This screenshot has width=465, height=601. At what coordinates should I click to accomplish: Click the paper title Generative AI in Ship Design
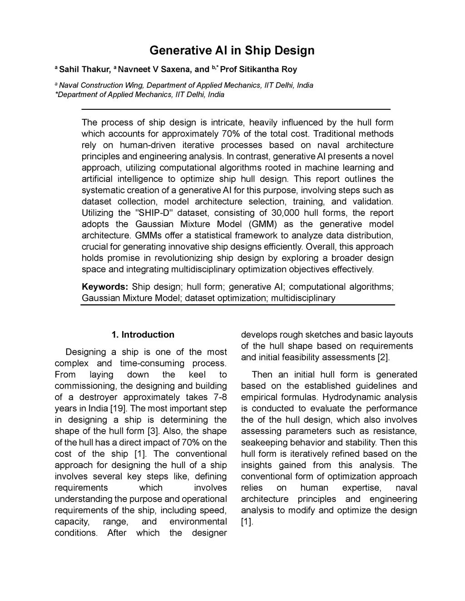coord(232,50)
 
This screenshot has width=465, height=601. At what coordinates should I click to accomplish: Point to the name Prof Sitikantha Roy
coord(258,69)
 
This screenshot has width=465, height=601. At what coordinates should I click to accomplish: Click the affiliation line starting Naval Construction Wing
coord(186,85)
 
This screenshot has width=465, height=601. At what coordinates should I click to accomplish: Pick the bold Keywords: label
coord(105,287)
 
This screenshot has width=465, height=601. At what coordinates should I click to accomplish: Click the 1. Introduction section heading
coord(143,335)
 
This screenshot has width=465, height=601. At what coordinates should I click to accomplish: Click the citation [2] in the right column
coord(383,357)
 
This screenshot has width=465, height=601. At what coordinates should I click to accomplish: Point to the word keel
coord(197,374)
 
